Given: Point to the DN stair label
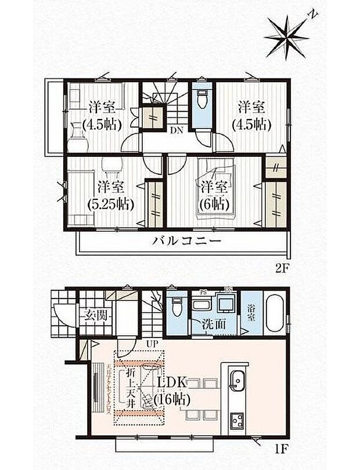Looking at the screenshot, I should coord(176,130).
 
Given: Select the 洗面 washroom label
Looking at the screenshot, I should coord(215,324).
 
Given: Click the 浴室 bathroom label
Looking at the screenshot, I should coord(251,310).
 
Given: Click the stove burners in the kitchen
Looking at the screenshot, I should coord(237,419).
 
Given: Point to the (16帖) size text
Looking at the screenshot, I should coord(172,399).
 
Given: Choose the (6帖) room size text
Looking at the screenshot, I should coord(215,204).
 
